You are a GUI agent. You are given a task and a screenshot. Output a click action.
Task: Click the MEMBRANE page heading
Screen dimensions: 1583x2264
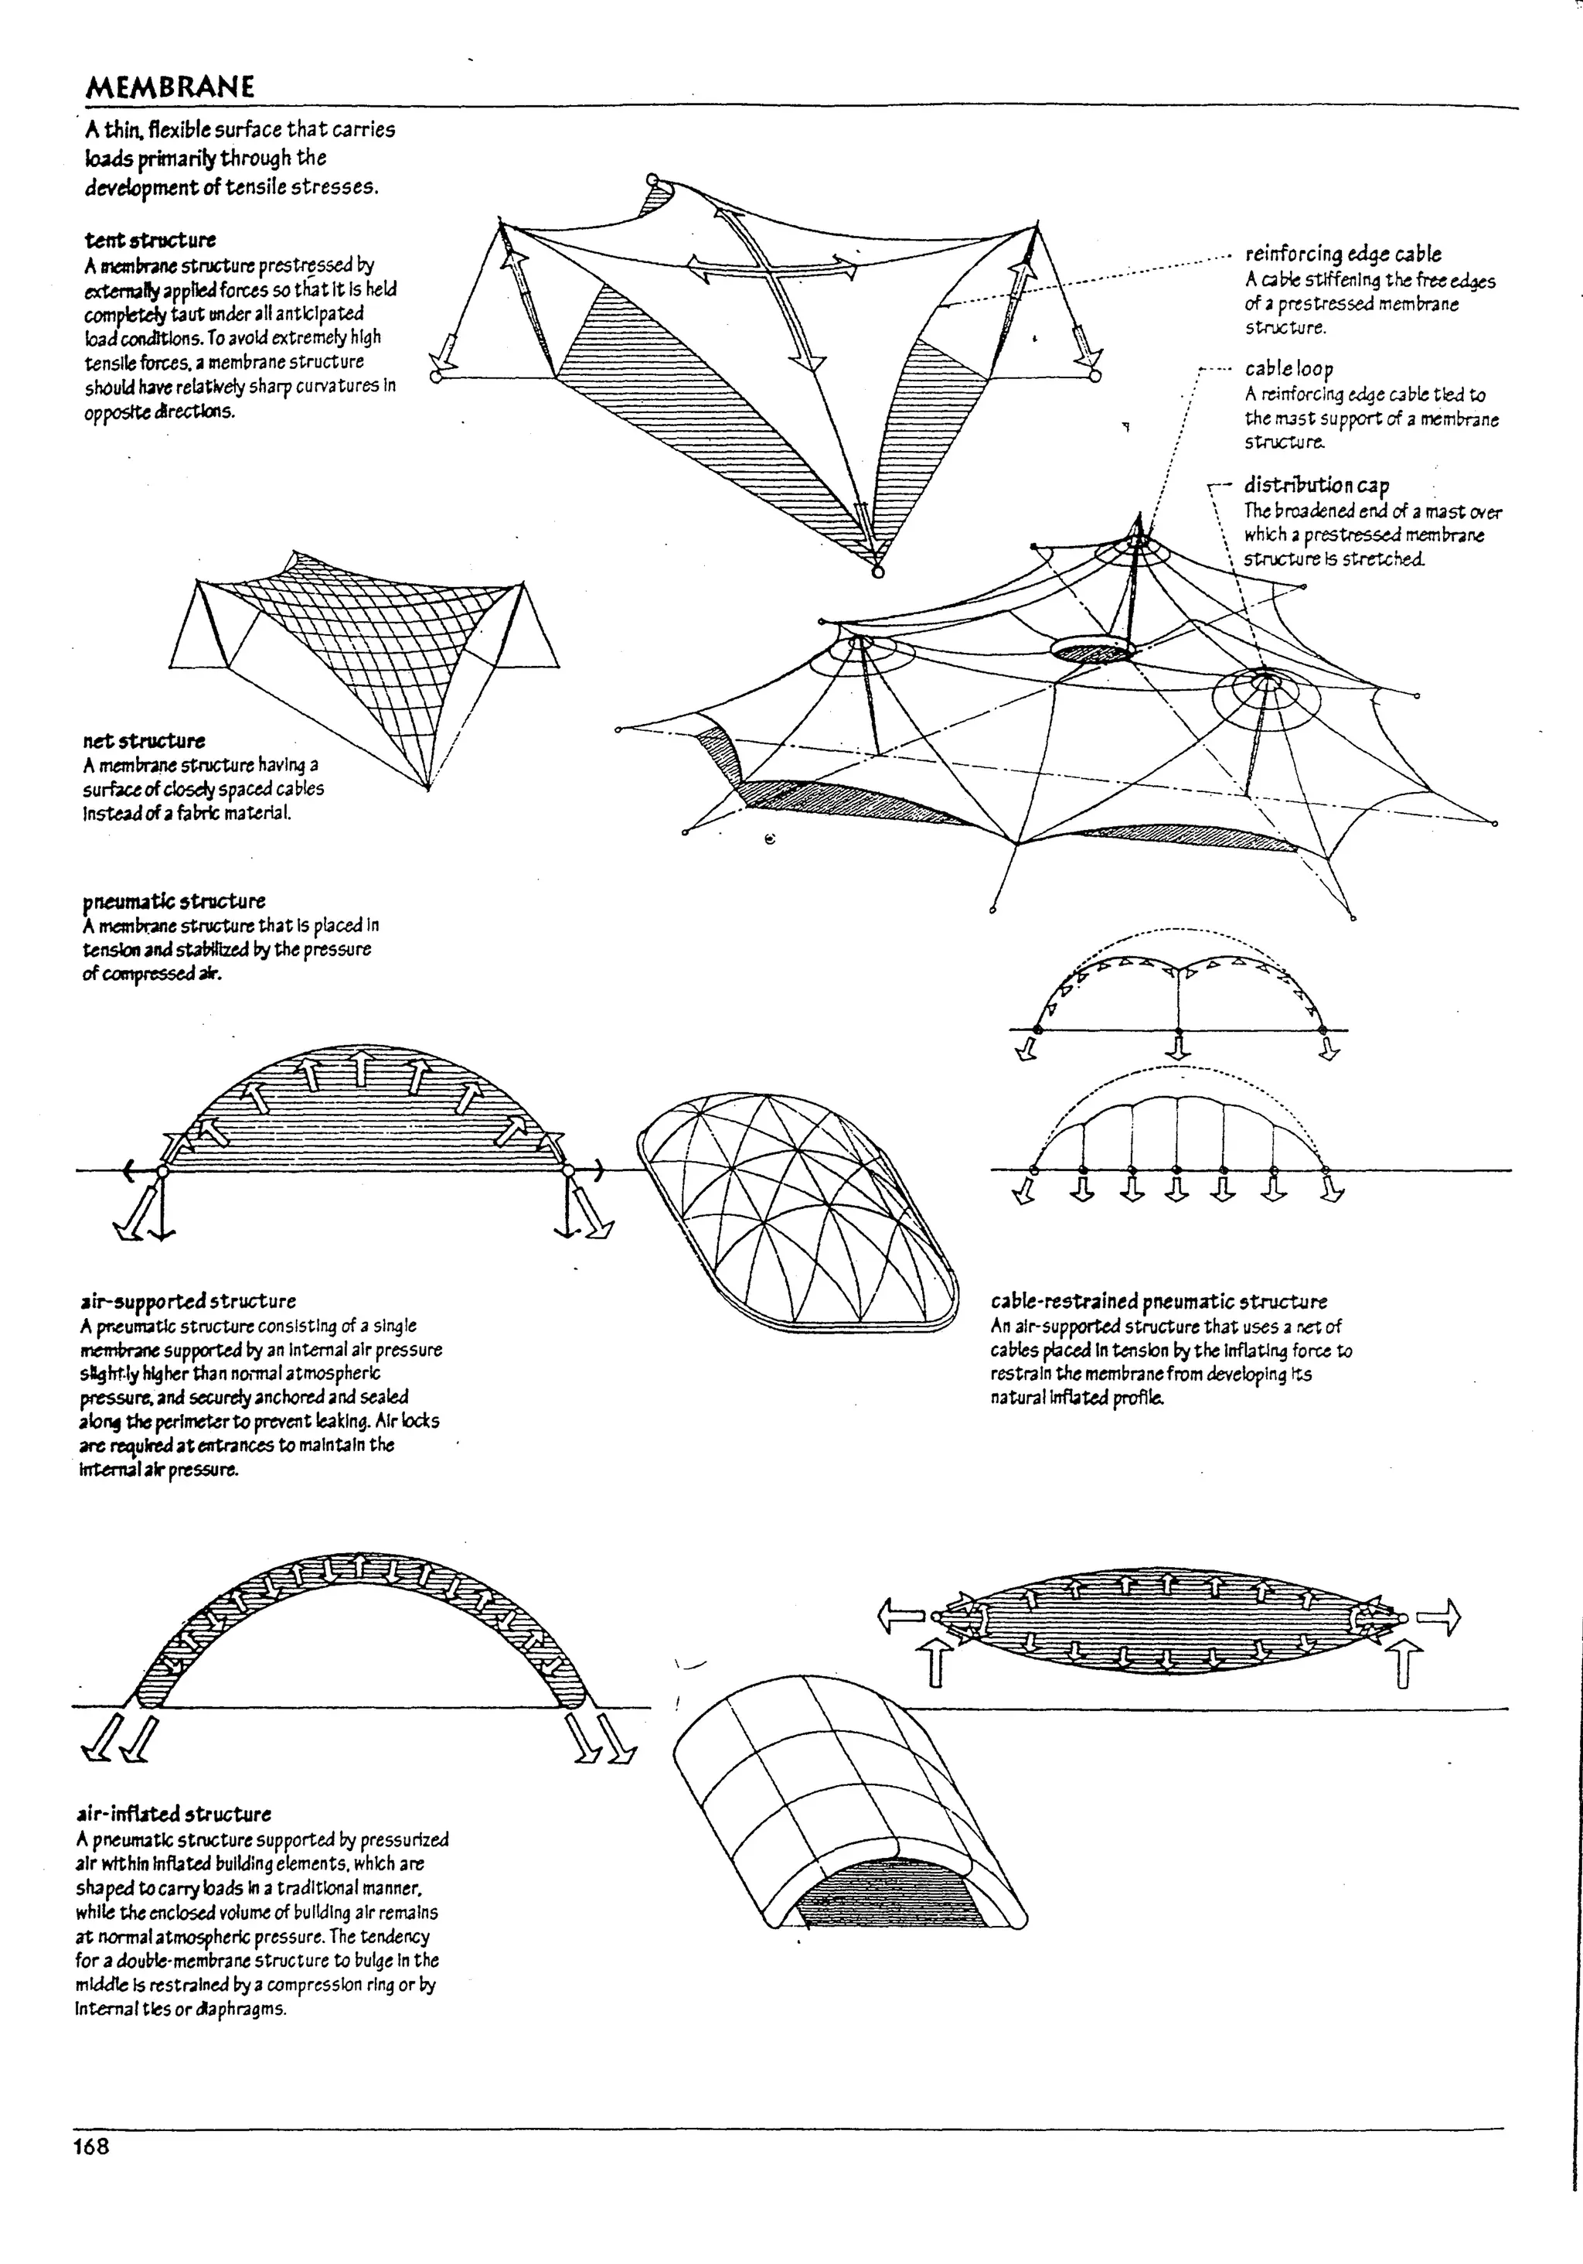click(x=169, y=87)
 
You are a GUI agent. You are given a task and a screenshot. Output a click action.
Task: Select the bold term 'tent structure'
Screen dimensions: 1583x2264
click(x=150, y=240)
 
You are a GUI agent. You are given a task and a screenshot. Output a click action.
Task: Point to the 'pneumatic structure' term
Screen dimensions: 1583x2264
click(x=173, y=901)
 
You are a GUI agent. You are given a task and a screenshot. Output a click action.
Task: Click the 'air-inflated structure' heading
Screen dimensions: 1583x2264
click(x=172, y=1813)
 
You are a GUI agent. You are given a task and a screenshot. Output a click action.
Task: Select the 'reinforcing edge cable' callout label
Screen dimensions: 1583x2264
click(x=1343, y=254)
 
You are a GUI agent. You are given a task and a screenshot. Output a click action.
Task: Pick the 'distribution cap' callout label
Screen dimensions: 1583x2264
click(x=1316, y=485)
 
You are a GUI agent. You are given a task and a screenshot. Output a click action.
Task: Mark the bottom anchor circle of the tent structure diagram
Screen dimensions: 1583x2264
click(x=878, y=571)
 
